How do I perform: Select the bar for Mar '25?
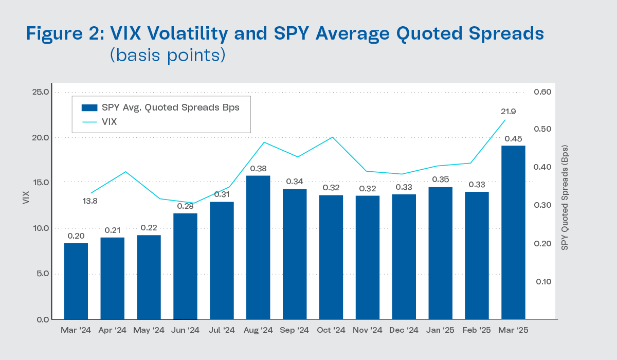[513, 232]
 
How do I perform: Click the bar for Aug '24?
[259, 247]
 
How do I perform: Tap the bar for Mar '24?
[76, 281]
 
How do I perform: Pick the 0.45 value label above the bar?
[513, 139]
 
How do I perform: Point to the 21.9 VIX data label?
[507, 111]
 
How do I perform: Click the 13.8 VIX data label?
[90, 201]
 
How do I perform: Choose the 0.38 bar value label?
[259, 169]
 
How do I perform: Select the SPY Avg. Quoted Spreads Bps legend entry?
[160, 108]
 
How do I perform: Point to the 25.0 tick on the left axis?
[40, 93]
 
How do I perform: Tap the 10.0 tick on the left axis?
[40, 228]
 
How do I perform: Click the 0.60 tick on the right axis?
[546, 93]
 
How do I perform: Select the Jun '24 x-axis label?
[186, 330]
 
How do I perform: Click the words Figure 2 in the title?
[61, 34]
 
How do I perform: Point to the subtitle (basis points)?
[168, 55]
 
